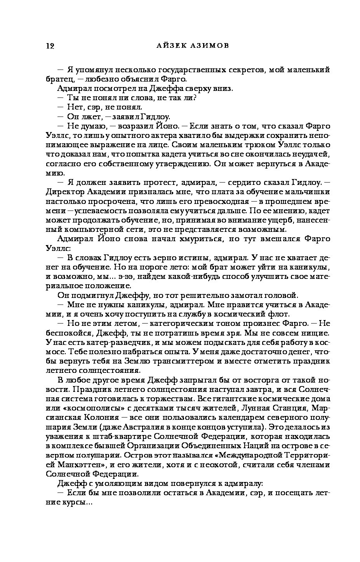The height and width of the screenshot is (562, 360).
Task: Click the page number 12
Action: (50, 46)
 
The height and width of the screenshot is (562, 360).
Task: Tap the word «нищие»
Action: (316, 332)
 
